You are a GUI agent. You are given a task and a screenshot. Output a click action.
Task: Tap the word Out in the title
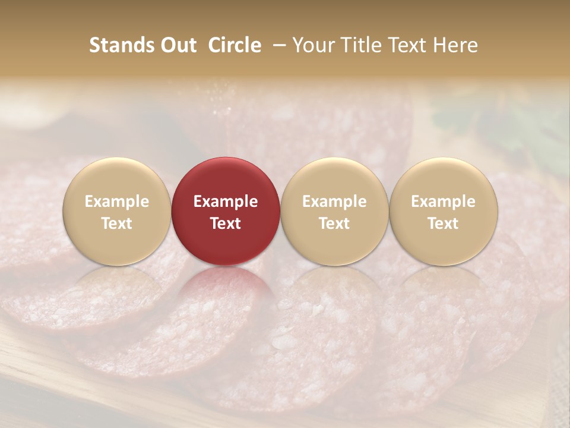176,45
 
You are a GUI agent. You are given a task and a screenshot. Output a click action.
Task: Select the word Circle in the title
234,45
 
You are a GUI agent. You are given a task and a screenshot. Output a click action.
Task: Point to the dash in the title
277,46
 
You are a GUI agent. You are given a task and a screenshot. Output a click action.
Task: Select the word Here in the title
456,45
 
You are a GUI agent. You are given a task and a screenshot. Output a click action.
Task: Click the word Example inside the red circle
226,202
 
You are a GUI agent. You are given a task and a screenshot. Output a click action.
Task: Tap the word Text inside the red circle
226,224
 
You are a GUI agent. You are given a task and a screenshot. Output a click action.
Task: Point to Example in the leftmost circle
117,202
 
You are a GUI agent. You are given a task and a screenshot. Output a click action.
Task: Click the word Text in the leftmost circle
117,224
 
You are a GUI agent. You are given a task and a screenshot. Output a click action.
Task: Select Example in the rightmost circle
444,202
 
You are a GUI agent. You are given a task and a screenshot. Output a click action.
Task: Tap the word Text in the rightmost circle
444,224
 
